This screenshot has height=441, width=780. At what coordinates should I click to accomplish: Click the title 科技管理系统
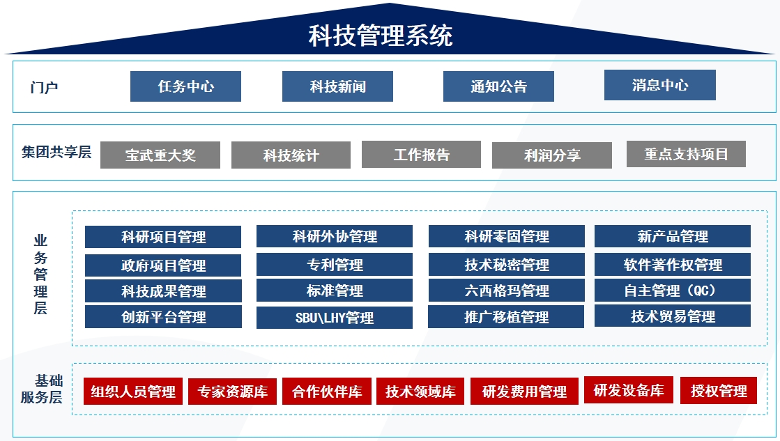pos(381,36)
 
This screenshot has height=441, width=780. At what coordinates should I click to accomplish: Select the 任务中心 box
pos(185,86)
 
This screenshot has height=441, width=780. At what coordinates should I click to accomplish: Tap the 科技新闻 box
pos(338,86)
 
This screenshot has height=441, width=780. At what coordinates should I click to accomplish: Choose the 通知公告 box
pos(498,86)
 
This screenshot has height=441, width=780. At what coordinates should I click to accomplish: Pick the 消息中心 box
pos(660,85)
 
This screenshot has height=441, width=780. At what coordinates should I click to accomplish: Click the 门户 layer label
pos(44,88)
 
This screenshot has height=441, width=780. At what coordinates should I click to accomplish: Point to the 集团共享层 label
pos(56,152)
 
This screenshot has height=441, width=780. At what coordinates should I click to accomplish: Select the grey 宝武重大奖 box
pos(160,155)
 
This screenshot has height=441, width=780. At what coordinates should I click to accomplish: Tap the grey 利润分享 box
pos(552,155)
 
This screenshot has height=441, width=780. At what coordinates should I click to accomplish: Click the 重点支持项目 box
pos(686,154)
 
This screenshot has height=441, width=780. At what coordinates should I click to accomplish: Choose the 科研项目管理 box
pos(163,237)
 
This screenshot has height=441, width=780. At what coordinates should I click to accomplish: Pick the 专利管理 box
pos(335,265)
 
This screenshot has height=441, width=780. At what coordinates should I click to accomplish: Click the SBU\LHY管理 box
pos(335,318)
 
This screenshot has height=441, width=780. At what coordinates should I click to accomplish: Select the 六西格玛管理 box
pos(506,291)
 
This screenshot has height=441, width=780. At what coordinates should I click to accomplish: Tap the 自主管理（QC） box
pos(673,291)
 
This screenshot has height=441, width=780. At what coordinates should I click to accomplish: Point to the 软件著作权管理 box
pos(673,265)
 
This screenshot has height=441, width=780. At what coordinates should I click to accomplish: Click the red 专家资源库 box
pos(232,392)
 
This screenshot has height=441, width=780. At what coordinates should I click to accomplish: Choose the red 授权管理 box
pos(719,390)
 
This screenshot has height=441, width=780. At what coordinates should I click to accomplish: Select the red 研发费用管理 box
pos(524,392)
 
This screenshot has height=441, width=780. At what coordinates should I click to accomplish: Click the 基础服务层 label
pos(42,389)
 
